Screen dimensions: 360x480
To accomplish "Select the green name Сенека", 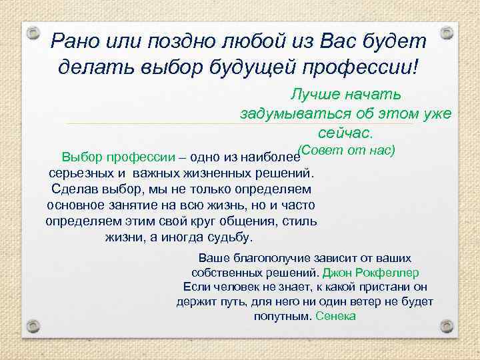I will click(335, 316).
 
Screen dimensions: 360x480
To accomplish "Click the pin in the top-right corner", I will click(447, 32).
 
